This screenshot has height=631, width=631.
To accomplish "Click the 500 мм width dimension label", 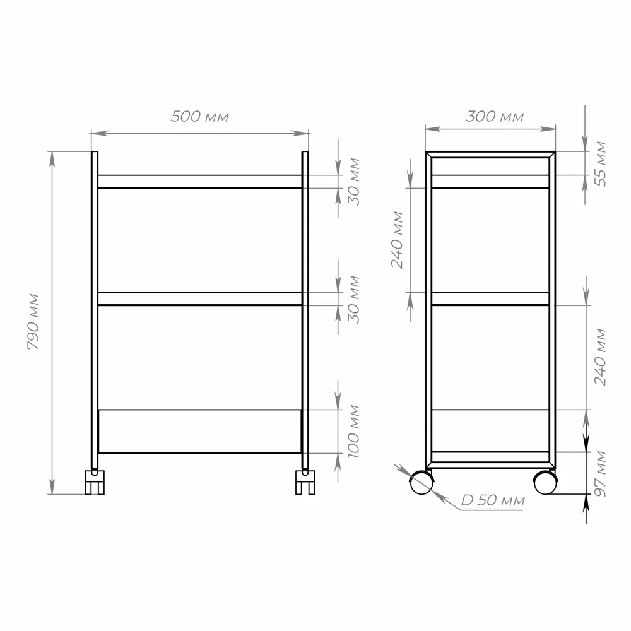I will pyautogui.click(x=199, y=117).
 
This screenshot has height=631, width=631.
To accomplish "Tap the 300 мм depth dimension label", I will pyautogui.click(x=495, y=117).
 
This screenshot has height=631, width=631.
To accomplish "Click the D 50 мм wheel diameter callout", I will pyautogui.click(x=492, y=501).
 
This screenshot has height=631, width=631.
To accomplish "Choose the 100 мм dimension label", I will pyautogui.click(x=353, y=431).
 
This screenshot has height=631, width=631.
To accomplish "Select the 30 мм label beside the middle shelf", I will pyautogui.click(x=354, y=299).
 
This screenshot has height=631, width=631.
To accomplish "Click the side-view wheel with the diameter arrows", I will pyautogui.click(x=421, y=483).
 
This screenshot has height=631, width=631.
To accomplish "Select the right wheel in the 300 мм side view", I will pyautogui.click(x=545, y=483).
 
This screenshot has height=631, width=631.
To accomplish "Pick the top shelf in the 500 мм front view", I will pyautogui.click(x=199, y=182).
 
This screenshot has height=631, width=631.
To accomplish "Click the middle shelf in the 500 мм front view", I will pyautogui.click(x=199, y=298).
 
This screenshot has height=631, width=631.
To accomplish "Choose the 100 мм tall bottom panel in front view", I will pyautogui.click(x=199, y=431).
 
